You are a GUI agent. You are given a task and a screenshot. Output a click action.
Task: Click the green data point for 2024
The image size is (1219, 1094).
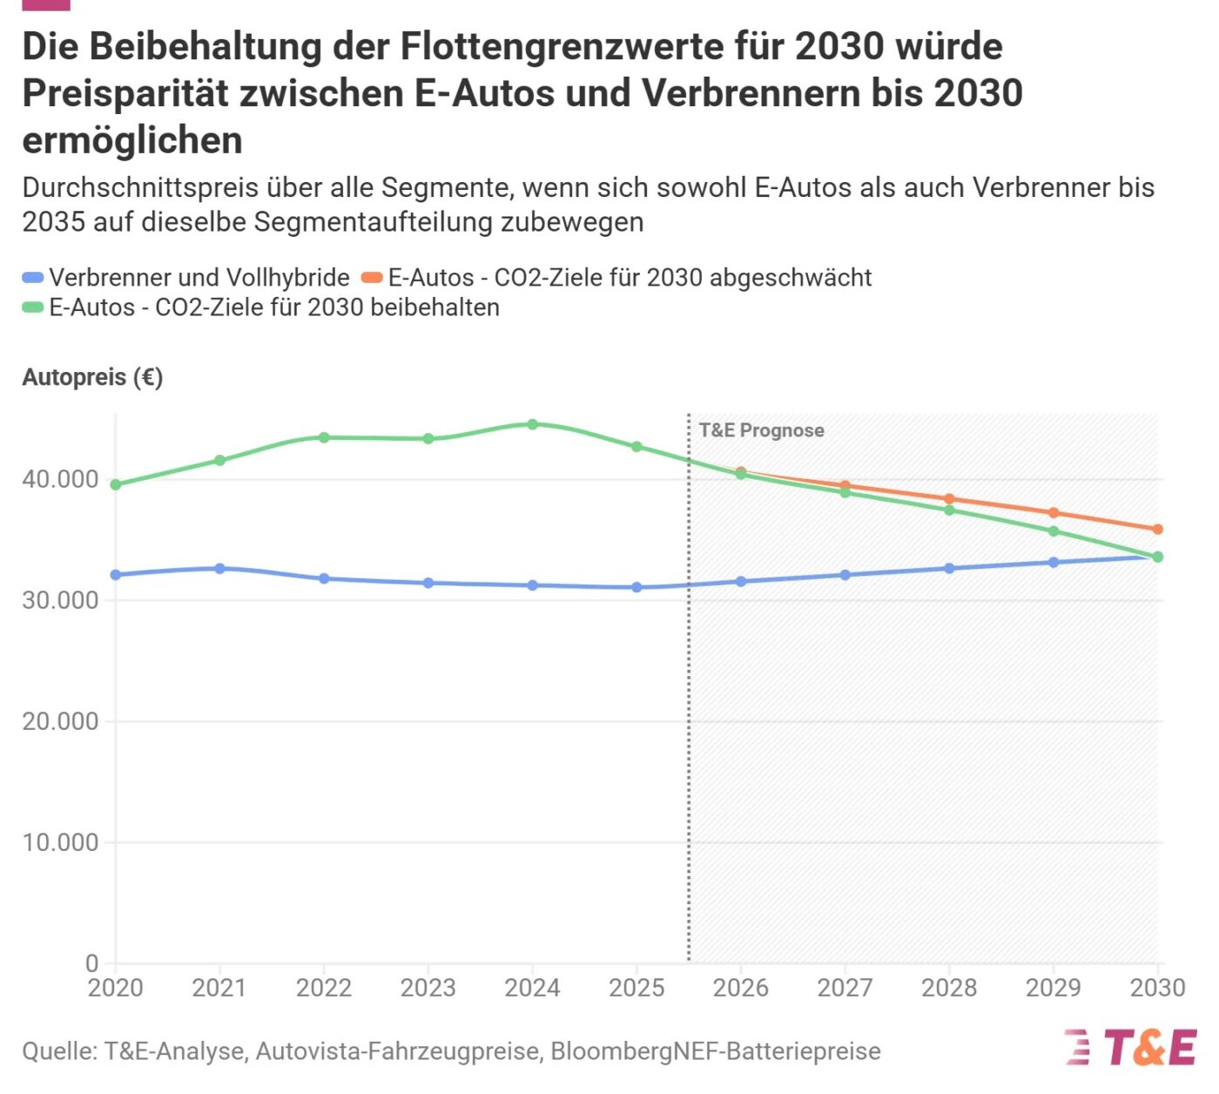coord(533,425)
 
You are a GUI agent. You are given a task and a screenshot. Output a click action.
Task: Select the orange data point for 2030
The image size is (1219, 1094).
coord(1158,530)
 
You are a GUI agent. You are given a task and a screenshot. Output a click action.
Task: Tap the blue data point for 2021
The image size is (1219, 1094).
coord(219,569)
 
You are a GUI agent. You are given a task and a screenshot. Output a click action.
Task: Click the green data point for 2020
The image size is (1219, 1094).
coord(116,485)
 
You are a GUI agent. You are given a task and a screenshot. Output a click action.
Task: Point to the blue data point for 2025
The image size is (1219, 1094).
coord(636,588)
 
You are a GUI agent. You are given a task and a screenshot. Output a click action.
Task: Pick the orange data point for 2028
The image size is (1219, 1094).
coord(949,500)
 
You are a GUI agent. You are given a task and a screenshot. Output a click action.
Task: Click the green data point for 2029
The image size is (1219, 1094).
coord(1054,531)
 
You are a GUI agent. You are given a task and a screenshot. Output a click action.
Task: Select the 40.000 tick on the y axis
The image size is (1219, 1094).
coord(60,480)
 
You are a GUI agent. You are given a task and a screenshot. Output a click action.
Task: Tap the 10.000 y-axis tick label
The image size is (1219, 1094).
coord(60,842)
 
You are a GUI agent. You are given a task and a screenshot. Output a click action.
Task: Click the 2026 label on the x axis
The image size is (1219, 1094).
coord(741,988)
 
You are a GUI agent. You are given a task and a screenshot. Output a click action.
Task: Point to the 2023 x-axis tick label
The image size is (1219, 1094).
coord(428,988)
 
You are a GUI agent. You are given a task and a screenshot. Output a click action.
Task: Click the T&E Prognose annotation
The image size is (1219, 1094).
coord(761,430)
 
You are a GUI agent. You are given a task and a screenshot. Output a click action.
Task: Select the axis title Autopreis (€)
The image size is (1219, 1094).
coord(92,377)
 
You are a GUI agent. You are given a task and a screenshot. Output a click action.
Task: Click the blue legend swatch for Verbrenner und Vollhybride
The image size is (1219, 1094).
coord(33,278)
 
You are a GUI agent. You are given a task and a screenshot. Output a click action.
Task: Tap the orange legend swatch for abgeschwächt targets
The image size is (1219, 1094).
coord(373,278)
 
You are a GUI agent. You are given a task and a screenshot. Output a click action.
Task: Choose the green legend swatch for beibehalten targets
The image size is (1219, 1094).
coord(33,307)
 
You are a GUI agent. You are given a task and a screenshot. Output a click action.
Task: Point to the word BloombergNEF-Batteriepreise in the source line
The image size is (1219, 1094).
coord(715,1051)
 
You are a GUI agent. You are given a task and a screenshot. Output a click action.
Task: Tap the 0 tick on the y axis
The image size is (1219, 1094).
coord(91,963)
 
